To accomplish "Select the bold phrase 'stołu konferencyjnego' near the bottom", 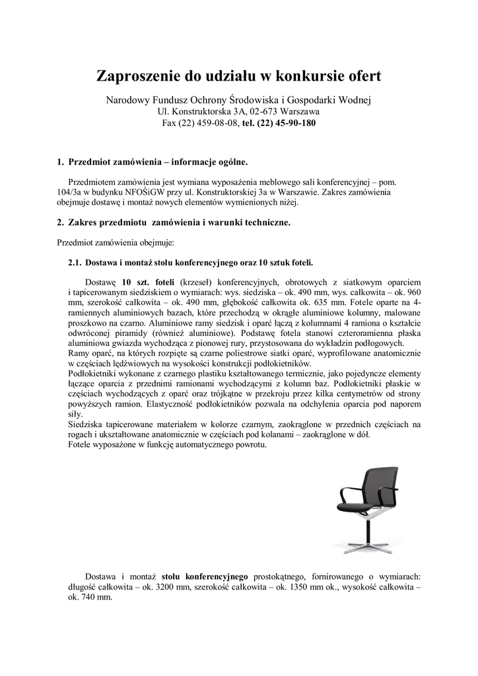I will pyautogui.click(x=205, y=576).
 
